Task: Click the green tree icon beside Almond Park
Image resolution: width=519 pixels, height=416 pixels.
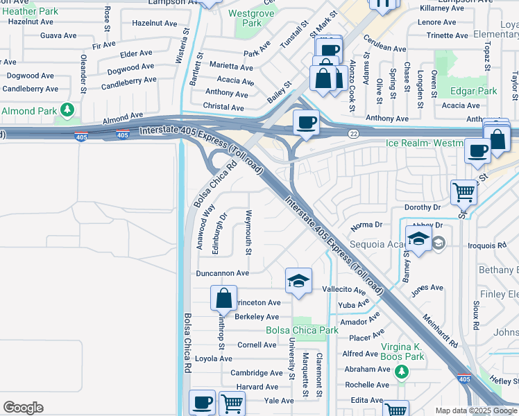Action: click(x=67, y=110)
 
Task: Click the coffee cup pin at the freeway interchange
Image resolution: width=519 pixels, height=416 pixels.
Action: click(x=306, y=123)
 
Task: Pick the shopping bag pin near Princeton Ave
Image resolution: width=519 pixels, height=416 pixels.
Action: click(x=224, y=300)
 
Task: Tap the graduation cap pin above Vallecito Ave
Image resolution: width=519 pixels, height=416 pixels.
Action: click(x=298, y=281)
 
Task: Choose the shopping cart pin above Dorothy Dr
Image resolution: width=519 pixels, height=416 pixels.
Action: click(x=463, y=191)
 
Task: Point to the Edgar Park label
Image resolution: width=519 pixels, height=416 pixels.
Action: click(x=474, y=91)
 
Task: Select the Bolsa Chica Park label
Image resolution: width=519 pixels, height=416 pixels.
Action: click(x=303, y=330)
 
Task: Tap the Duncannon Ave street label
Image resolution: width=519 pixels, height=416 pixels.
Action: click(x=222, y=273)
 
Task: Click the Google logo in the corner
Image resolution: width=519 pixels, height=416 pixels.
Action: click(x=23, y=408)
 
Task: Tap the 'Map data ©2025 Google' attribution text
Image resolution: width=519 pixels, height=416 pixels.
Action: click(x=476, y=410)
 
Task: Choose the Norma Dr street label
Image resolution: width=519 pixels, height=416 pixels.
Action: click(x=366, y=225)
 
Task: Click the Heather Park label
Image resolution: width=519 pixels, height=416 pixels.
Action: click(x=31, y=12)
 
